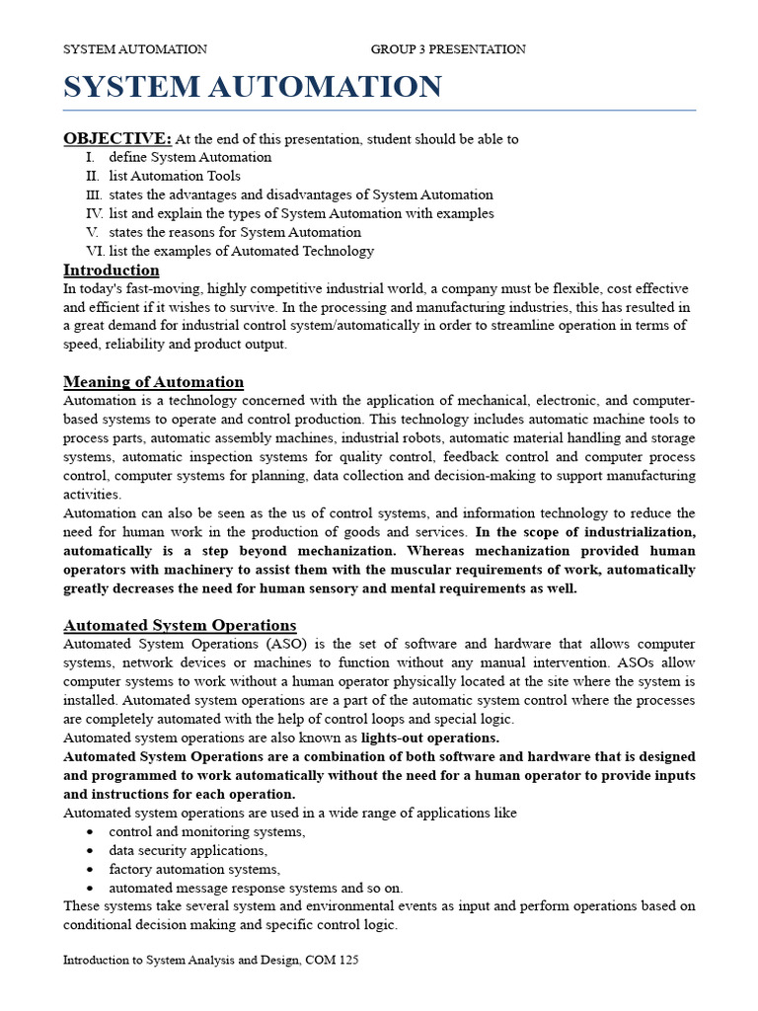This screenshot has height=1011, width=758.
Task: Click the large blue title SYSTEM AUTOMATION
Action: point(253,88)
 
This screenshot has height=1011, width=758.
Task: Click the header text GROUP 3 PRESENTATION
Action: point(448,49)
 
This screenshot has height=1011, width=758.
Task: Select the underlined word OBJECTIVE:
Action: point(117,138)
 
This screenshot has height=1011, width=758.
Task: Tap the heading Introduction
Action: point(112,271)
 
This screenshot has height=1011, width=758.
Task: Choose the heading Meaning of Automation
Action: point(153,382)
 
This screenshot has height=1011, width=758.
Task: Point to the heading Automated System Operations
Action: point(180,625)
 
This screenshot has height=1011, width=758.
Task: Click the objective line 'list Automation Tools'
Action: point(175,176)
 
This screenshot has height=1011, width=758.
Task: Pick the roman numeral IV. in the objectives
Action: point(95,213)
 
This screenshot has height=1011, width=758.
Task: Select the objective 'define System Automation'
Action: point(190,157)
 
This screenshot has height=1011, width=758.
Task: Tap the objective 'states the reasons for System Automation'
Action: point(235,232)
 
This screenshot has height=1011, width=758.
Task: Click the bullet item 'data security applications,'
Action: point(188,850)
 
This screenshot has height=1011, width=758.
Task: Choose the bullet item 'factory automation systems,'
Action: point(194,869)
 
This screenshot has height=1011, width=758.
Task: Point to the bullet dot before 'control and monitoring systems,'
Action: point(90,832)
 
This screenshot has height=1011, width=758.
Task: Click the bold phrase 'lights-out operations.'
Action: point(430,738)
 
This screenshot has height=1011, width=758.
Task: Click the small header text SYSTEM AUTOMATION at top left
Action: point(135,49)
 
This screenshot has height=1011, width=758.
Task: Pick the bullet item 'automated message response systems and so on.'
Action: point(256,888)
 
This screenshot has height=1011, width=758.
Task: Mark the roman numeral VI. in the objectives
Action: point(95,251)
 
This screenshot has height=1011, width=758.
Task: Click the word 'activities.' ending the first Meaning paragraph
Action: point(93,495)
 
